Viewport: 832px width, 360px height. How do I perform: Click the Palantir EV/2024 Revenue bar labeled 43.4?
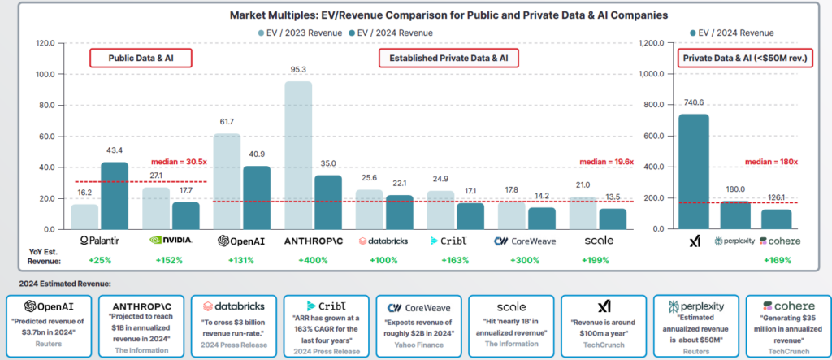click(115, 195)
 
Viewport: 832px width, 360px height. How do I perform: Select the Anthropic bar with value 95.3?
click(298, 154)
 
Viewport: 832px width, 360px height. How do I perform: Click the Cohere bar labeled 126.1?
click(776, 219)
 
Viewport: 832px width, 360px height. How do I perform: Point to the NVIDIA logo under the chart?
click(171, 241)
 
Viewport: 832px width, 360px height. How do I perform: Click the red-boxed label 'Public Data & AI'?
click(140, 58)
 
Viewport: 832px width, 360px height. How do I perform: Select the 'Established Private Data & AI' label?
click(448, 58)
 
